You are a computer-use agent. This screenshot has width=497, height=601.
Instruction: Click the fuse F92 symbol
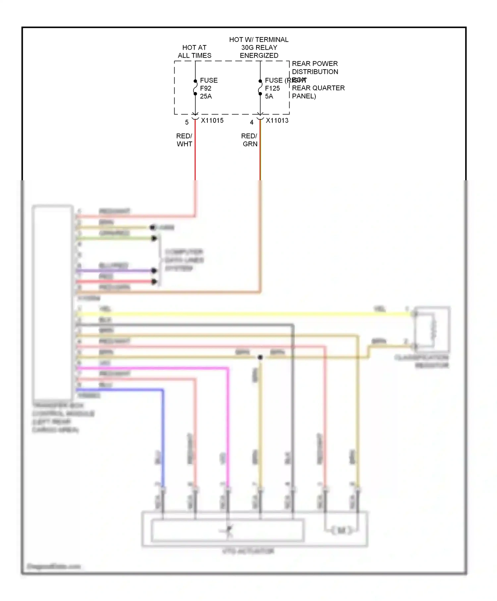coord(195,87)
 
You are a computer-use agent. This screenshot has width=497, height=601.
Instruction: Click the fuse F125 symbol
coord(260,87)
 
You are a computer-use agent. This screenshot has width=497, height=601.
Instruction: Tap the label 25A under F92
coord(206,96)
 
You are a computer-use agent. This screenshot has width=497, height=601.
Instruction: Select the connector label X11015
coord(212,121)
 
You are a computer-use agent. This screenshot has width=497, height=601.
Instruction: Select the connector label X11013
coord(277,121)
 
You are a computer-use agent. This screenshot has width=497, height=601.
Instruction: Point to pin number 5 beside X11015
coord(187,122)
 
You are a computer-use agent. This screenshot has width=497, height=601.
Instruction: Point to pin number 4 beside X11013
coord(252,122)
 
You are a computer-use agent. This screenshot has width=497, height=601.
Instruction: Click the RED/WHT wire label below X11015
coord(184,140)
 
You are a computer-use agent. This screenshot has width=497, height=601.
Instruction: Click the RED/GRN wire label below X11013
coord(249,140)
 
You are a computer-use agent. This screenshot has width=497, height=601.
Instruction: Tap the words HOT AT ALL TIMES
coord(194,51)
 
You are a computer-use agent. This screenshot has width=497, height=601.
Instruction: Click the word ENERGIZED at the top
coord(259,55)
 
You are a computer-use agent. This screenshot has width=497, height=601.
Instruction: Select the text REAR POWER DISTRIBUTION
coord(315,68)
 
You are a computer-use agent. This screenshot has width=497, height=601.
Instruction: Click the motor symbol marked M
coord(341,530)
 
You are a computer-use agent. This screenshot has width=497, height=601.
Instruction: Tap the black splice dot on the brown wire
coord(260,357)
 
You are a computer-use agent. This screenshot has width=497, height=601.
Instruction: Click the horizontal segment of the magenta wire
coord(152,368)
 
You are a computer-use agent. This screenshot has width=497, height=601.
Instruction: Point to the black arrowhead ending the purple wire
coord(154,271)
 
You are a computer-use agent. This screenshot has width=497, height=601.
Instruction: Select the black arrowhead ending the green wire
coord(154,238)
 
